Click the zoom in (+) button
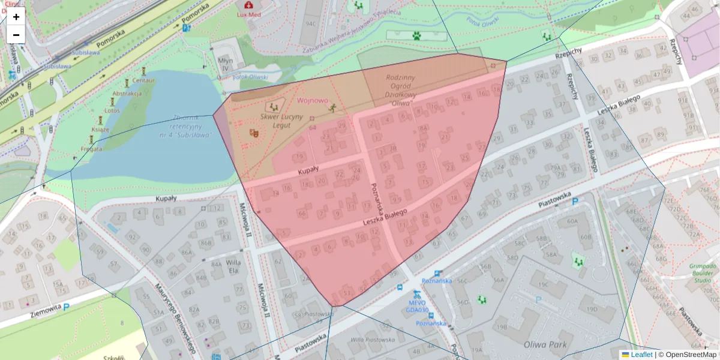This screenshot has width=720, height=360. click(x=16, y=17)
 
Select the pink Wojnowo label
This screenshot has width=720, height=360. click(x=313, y=101)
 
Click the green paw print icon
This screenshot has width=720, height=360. click(x=416, y=35)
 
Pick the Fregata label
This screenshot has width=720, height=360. click(x=91, y=148)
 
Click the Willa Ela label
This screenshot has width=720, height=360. click(x=233, y=266)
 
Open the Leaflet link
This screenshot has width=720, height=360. click(x=641, y=355)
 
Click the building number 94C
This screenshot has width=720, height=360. click(x=311, y=24)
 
